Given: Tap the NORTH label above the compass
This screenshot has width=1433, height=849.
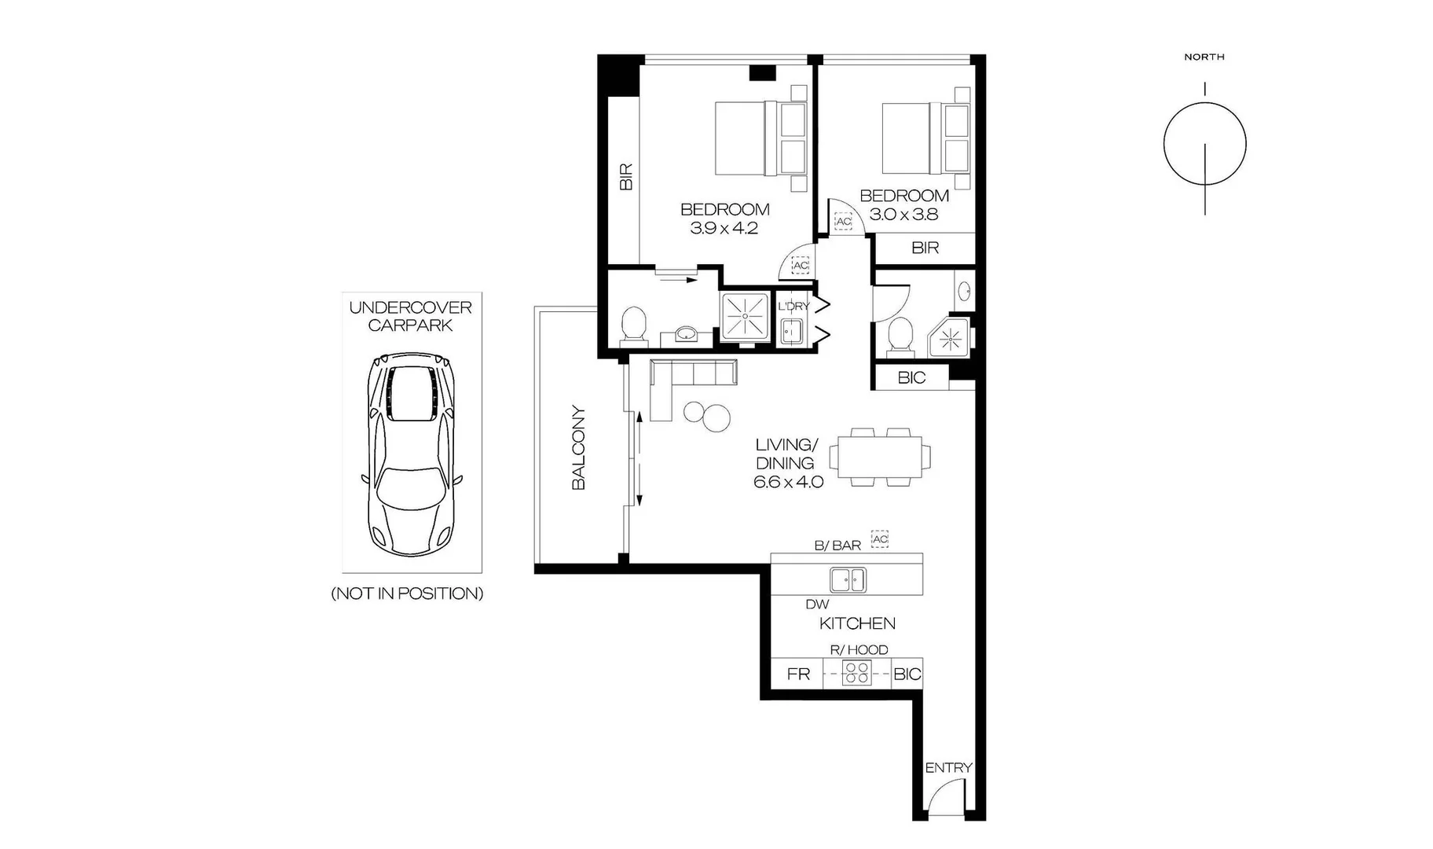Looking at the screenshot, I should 1204,57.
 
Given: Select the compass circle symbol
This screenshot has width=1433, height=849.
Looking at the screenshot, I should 1204,145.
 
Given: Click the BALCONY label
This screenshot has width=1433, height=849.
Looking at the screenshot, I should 578,448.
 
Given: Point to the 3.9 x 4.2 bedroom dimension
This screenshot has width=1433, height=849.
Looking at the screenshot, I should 724,229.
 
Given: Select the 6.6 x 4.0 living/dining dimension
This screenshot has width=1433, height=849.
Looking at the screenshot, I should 788,482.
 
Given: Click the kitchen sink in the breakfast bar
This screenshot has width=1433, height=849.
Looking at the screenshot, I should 848,580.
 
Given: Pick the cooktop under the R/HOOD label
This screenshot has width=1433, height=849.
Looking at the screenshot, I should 856,673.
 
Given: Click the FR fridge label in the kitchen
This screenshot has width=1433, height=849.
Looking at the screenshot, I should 797,674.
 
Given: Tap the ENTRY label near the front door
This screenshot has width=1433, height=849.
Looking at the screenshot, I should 948,767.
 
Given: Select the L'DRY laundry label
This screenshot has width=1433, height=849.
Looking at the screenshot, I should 793,306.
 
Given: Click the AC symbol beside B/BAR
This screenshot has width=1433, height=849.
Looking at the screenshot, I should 880,539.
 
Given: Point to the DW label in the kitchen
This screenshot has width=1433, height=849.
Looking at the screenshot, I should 817,605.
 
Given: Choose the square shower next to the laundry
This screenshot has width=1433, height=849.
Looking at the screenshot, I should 745,318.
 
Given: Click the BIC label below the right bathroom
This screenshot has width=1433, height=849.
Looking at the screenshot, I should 911,378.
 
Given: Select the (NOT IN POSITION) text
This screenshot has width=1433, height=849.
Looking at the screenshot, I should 407,594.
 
